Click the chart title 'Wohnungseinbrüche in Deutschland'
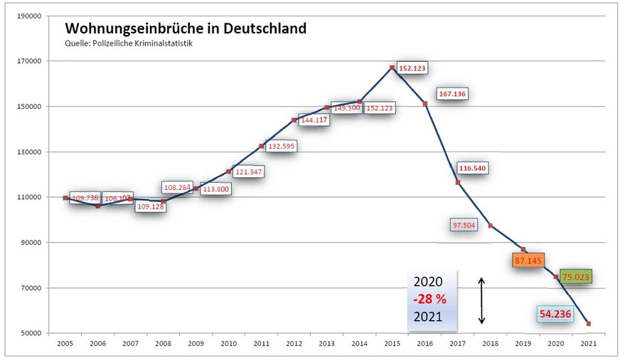point(186,29)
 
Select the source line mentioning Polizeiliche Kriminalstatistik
point(129,43)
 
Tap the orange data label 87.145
point(528,261)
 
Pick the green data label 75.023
point(576,277)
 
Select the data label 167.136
point(452,94)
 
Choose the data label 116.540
point(473,169)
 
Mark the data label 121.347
point(247,172)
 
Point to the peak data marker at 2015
point(392,68)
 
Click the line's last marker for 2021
point(589,324)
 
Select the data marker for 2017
point(458,183)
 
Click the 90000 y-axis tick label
point(30,243)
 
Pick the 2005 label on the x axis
point(65,343)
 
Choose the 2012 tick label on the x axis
point(294,343)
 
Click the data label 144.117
point(314,120)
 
